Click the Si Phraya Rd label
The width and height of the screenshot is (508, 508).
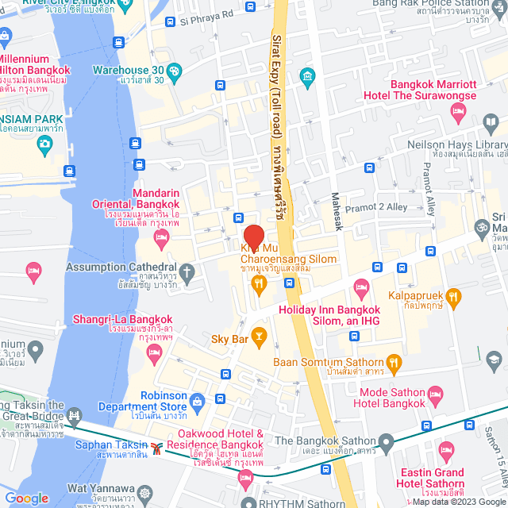click(206, 14)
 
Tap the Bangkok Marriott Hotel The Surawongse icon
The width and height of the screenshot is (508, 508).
click(457, 113)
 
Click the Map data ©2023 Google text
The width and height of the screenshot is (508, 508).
click(457, 501)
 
